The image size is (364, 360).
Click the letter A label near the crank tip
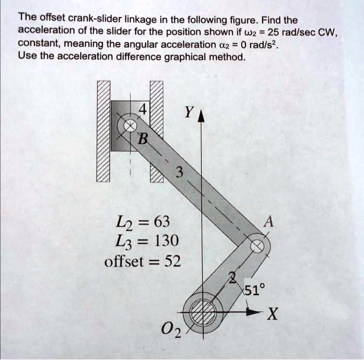[269, 221]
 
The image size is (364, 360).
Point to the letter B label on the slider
[142, 139]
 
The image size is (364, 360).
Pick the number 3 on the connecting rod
[179, 172]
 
